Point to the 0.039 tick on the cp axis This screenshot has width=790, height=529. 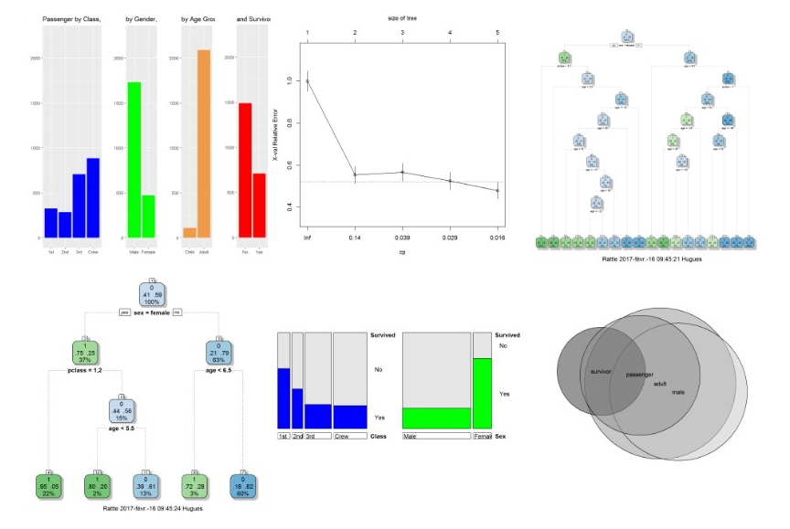pyautogui.click(x=402, y=237)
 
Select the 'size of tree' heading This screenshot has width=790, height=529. pyautogui.click(x=402, y=16)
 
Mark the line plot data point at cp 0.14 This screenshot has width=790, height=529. pyautogui.click(x=355, y=175)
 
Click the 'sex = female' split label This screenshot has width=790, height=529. pyautogui.click(x=152, y=312)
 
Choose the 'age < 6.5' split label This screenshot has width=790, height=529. pyautogui.click(x=218, y=372)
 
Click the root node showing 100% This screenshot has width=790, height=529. pyautogui.click(x=152, y=294)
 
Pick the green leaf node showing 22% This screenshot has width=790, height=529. pyautogui.click(x=48, y=485)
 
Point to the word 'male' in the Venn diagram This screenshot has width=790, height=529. pyautogui.click(x=678, y=393)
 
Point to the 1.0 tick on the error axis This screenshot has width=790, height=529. pyautogui.click(x=292, y=81)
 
